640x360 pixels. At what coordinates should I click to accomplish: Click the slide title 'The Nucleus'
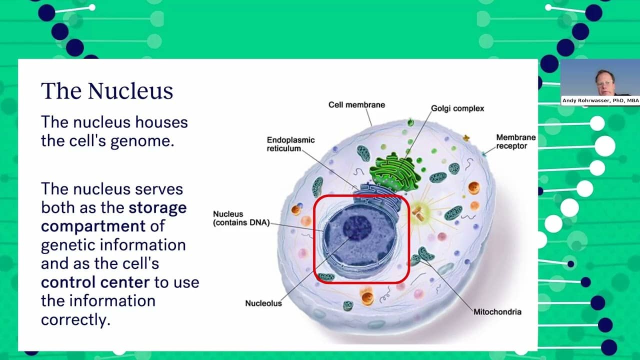(107, 91)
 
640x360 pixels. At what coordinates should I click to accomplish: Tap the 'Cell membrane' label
(356, 105)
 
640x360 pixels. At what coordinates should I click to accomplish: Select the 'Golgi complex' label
(457, 108)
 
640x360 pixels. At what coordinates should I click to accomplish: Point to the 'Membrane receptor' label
(515, 141)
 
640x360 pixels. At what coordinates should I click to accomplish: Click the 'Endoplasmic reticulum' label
(290, 144)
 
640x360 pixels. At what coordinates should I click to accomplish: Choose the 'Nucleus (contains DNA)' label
(241, 218)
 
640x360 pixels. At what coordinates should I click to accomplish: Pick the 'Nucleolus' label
(263, 303)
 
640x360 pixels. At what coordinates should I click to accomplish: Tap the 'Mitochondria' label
(497, 311)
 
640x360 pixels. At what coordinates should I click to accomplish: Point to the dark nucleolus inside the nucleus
(357, 228)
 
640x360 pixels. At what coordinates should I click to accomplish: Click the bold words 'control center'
(95, 282)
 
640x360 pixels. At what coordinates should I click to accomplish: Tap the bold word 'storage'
(157, 208)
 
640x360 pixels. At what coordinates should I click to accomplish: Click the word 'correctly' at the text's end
(75, 319)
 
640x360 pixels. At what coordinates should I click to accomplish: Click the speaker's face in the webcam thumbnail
(604, 83)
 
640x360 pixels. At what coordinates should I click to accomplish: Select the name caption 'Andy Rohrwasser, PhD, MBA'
(600, 100)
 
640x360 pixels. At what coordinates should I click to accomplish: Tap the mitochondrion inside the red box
(326, 277)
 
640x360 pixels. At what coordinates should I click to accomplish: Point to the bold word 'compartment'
(93, 226)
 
